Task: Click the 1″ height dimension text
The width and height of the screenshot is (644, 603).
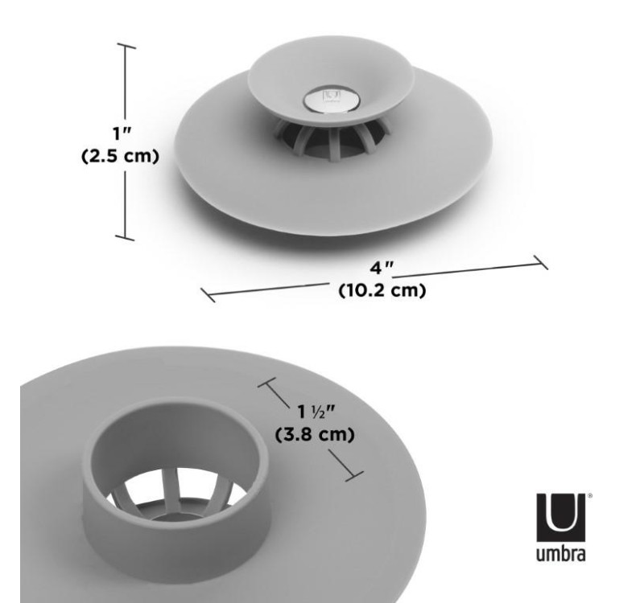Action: coord(122,133)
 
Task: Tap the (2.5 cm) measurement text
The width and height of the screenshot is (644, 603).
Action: coord(120,156)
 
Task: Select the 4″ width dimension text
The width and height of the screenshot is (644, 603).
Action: coord(382,269)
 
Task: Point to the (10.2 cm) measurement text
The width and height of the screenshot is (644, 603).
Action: coord(382,290)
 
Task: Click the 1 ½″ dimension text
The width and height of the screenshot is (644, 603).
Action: coord(316,412)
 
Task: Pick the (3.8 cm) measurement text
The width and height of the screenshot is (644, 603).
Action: coord(315,434)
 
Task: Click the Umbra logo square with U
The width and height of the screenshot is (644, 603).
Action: coord(560,517)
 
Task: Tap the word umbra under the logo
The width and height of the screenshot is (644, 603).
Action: coord(560,554)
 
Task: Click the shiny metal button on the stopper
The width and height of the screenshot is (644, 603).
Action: coord(332,100)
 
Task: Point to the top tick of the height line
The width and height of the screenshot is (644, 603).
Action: coord(126,46)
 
